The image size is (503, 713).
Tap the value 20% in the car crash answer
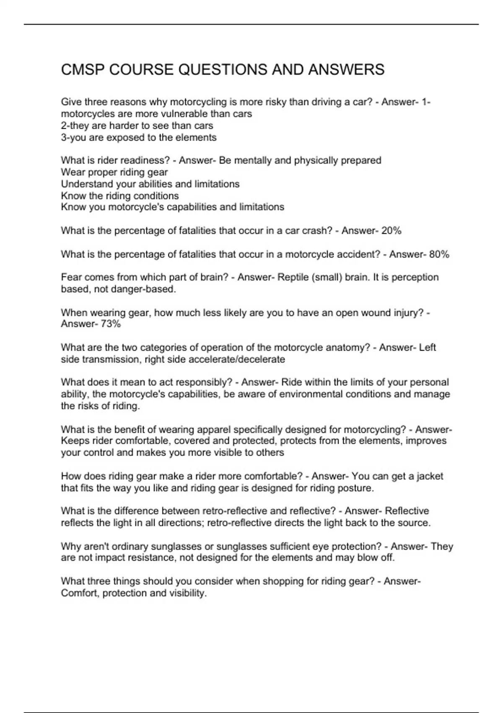(x=391, y=231)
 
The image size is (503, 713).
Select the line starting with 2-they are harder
(x=137, y=125)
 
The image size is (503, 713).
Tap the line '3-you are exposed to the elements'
(x=139, y=137)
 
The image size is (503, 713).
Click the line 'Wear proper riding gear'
(x=114, y=172)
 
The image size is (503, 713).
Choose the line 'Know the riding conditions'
(x=120, y=195)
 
